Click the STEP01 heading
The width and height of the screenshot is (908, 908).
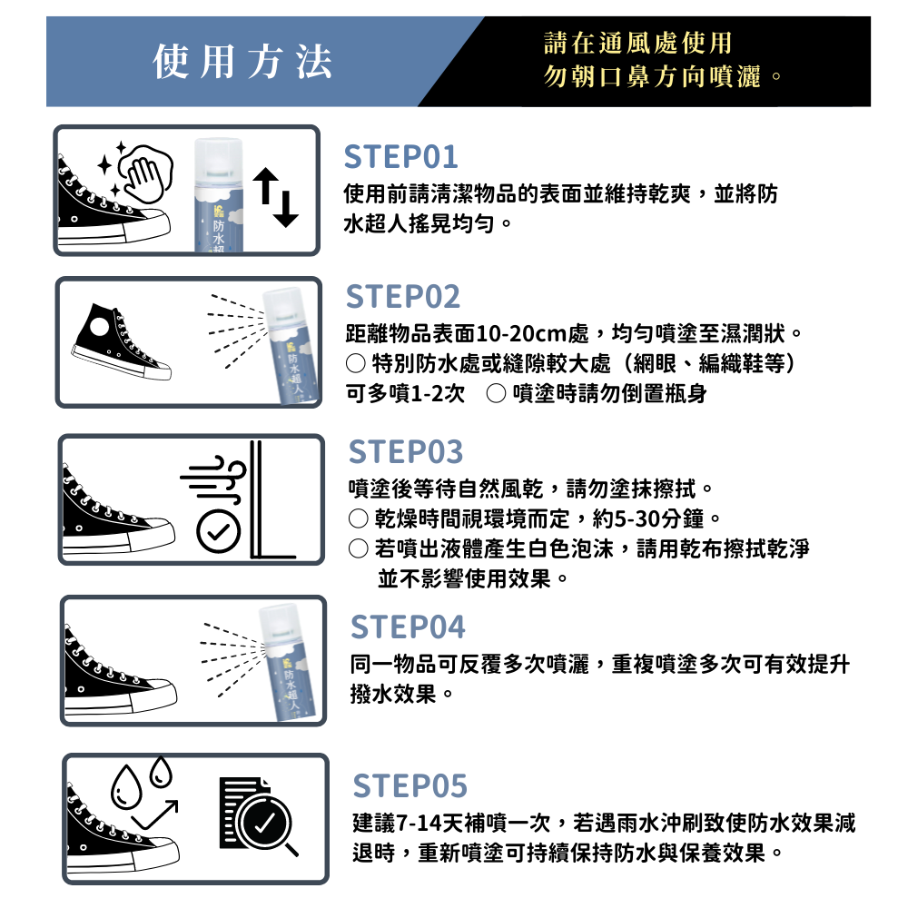pyautogui.click(x=400, y=157)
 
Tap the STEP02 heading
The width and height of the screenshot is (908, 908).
pyautogui.click(x=403, y=297)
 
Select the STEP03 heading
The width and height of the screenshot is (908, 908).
pyautogui.click(x=406, y=451)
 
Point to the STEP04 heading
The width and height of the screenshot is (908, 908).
pyautogui.click(x=408, y=627)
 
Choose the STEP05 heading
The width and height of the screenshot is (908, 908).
pyautogui.click(x=410, y=785)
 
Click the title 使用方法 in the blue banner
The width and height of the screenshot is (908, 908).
pyautogui.click(x=242, y=62)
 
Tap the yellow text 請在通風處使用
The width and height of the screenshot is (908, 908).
pyautogui.click(x=637, y=43)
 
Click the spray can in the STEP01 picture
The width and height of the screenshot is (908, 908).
pyautogui.click(x=218, y=194)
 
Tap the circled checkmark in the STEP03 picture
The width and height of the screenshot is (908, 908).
pyautogui.click(x=218, y=531)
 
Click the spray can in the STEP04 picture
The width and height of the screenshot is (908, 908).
pyautogui.click(x=287, y=663)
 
